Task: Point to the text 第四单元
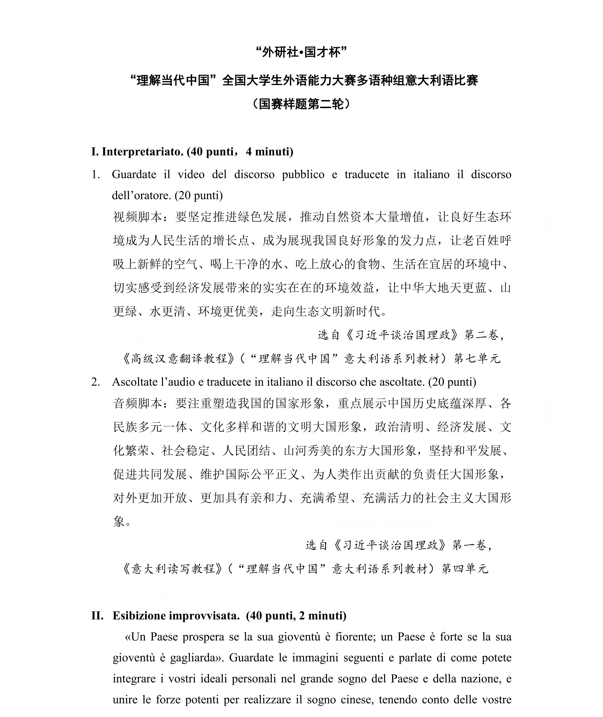pos(465,569)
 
